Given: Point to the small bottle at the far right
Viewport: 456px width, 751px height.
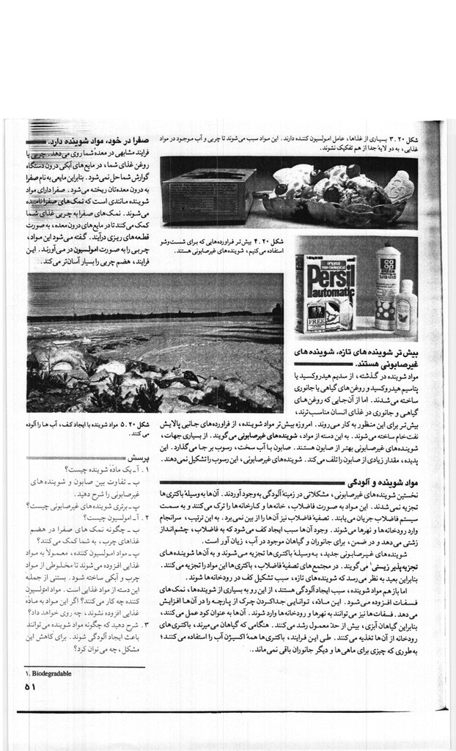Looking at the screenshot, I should (408, 307).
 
